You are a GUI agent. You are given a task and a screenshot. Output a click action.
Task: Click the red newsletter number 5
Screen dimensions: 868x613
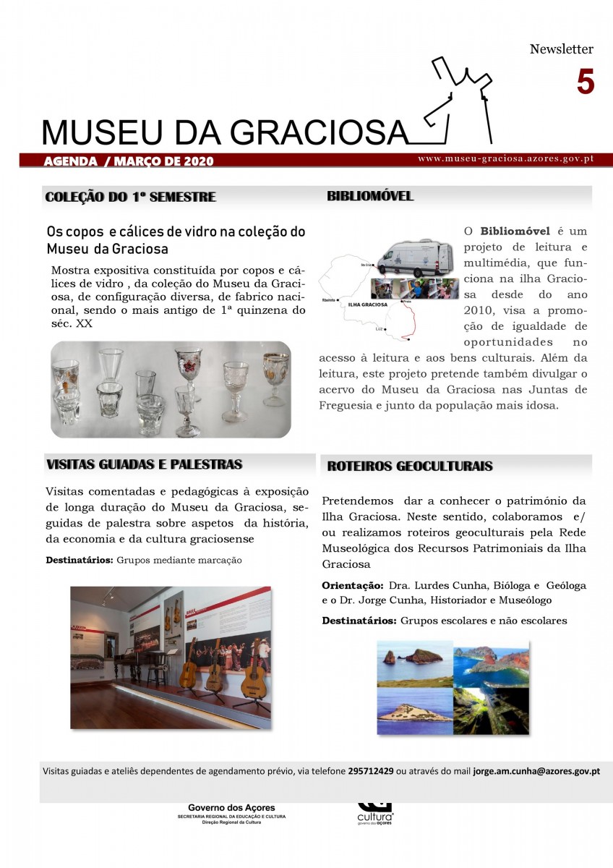(x=585, y=82)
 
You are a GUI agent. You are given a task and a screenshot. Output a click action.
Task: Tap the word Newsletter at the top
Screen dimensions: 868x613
(x=561, y=49)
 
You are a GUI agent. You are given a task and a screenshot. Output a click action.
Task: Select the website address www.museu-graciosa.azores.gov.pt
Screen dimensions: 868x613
(x=505, y=158)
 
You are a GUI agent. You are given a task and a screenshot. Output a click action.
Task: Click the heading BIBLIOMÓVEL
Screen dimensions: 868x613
(x=370, y=196)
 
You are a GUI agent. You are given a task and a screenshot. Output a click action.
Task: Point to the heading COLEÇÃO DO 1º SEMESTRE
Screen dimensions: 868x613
(x=130, y=197)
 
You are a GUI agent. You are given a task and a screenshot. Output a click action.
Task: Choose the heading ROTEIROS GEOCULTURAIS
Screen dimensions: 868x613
(x=410, y=467)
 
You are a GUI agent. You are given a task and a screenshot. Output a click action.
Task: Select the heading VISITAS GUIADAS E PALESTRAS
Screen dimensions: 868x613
(x=144, y=464)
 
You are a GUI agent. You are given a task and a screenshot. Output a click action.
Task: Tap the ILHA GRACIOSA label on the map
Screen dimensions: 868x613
(x=368, y=305)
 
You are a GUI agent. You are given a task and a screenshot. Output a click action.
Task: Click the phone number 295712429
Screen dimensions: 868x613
(x=371, y=771)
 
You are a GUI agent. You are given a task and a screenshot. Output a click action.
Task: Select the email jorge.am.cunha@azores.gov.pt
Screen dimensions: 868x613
(x=536, y=771)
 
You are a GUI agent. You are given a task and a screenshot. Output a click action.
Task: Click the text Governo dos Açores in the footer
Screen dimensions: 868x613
(x=231, y=808)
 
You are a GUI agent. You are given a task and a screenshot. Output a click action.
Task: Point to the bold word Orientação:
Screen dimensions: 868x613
(x=352, y=585)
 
